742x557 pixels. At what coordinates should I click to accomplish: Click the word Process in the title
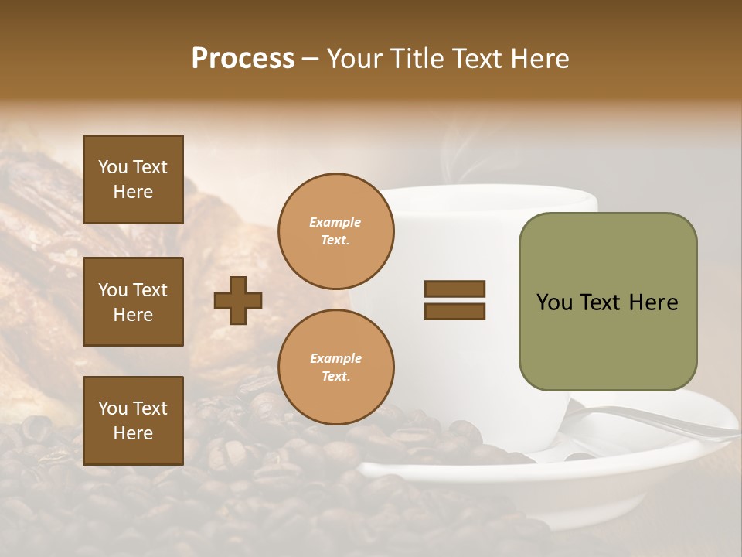tap(243, 59)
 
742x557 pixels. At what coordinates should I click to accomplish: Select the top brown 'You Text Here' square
tap(133, 179)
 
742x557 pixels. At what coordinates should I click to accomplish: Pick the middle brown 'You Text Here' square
tap(133, 302)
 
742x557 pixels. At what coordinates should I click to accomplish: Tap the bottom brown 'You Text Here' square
tap(133, 421)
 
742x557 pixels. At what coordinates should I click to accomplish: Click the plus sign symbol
tap(238, 300)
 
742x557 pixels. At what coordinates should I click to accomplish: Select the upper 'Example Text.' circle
tap(335, 231)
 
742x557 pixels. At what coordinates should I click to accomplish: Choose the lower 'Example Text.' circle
tap(335, 367)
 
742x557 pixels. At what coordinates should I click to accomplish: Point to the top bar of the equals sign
tap(454, 289)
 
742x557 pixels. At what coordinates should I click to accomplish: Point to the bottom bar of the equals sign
tap(454, 312)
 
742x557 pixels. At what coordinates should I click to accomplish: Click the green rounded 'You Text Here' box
tap(608, 302)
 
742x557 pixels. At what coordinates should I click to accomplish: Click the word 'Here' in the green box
tap(653, 302)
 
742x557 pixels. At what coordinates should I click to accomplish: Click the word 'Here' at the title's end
tap(541, 59)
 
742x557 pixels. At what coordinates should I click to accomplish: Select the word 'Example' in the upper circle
tap(335, 222)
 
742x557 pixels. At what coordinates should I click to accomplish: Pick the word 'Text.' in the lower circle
tap(335, 377)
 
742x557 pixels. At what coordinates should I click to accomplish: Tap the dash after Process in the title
tap(310, 59)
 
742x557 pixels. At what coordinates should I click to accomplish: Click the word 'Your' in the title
tap(352, 59)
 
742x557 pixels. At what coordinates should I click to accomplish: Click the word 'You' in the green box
tap(554, 302)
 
